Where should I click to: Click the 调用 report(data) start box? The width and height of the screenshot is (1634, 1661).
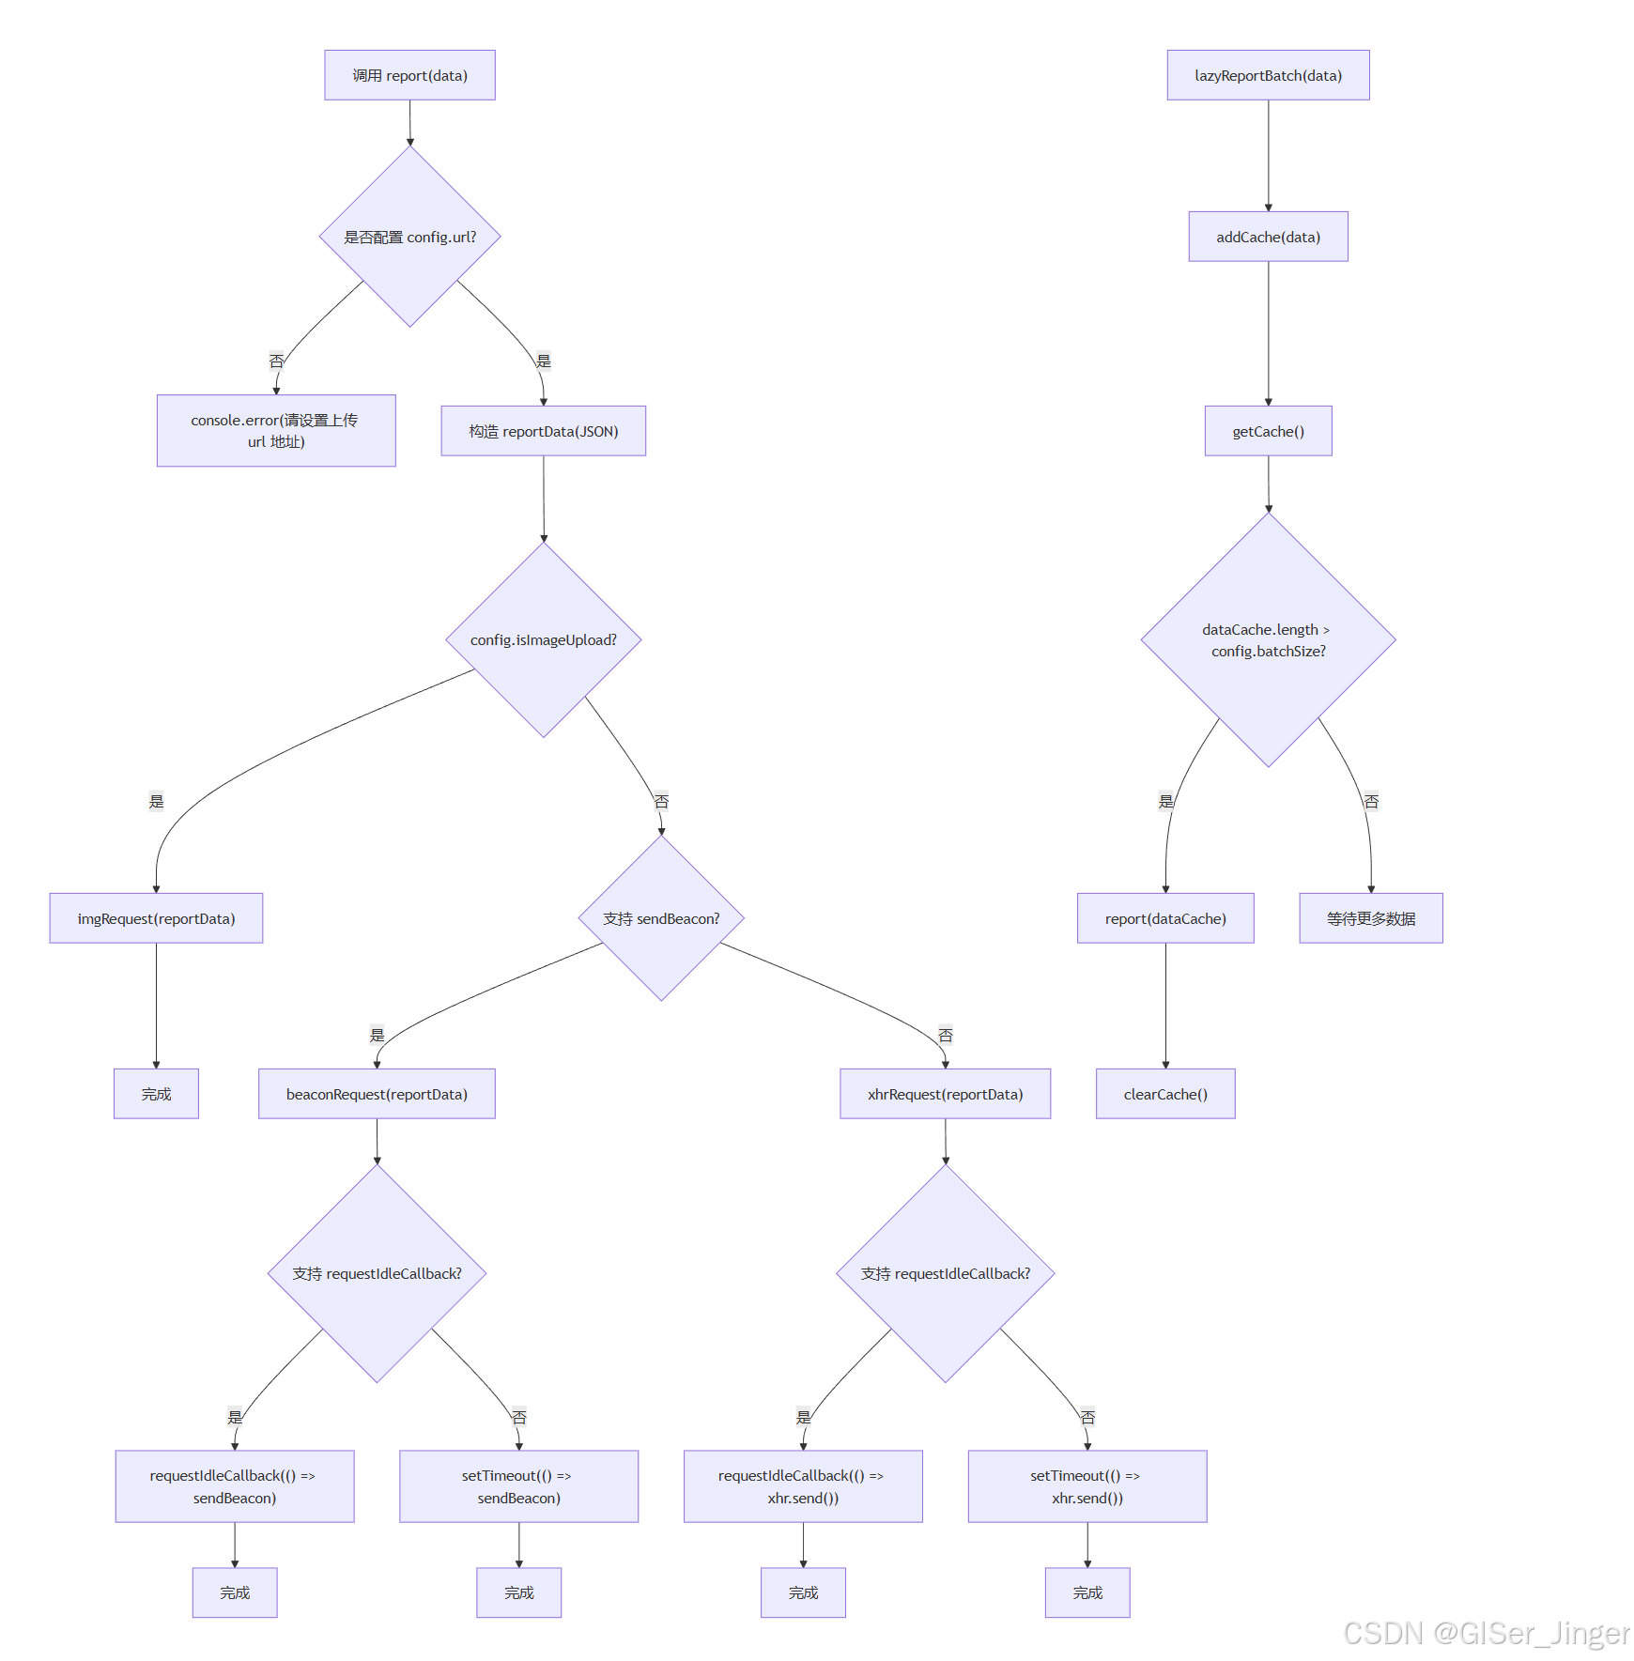point(409,75)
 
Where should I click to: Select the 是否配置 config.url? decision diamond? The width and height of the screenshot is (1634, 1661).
point(409,237)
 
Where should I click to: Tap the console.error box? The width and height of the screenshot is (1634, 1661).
point(276,431)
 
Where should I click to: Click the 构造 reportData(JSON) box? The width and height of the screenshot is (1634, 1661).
point(543,431)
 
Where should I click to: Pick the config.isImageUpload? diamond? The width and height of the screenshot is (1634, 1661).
point(543,639)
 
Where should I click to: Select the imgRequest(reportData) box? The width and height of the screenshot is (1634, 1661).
point(156,918)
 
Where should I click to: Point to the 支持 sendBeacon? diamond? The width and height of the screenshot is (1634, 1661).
point(661,918)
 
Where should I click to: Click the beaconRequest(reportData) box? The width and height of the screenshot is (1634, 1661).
point(377,1094)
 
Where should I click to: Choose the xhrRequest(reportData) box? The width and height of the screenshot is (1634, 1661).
point(945,1094)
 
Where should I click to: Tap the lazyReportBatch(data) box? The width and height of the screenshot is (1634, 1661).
point(1268,75)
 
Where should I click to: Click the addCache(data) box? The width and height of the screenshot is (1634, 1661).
point(1268,237)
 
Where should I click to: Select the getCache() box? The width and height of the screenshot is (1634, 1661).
point(1268,431)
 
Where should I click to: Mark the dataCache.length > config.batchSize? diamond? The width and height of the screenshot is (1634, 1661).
point(1268,639)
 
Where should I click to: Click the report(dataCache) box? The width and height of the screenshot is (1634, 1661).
point(1165,918)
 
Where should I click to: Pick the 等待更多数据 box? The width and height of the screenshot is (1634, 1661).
point(1370,918)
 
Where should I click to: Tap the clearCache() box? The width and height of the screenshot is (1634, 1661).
point(1165,1094)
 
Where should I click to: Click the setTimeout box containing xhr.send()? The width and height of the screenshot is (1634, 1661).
point(1087,1486)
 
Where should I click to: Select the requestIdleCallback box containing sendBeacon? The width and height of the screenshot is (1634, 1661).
point(235,1486)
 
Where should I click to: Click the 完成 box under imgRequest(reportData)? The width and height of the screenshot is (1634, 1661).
point(156,1094)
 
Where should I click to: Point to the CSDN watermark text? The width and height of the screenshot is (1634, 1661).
point(1486,1634)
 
